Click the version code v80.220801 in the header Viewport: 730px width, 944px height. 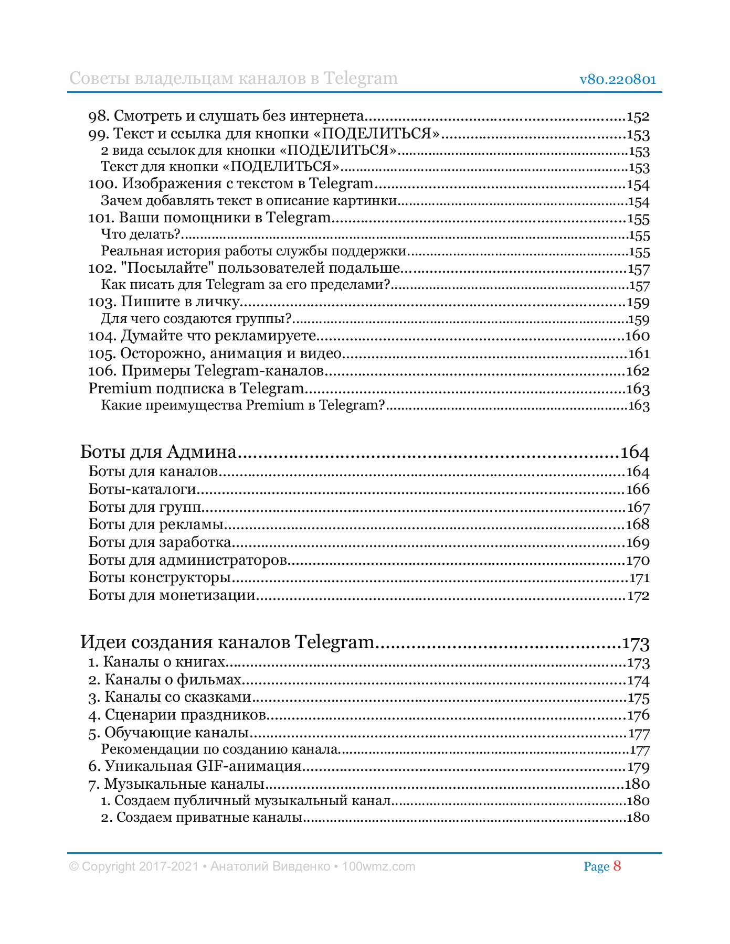coord(618,80)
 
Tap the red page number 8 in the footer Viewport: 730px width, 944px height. coord(617,866)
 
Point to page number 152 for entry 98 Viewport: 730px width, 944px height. coord(638,116)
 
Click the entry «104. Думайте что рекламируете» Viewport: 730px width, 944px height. coord(202,336)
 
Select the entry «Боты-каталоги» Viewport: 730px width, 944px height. coord(142,489)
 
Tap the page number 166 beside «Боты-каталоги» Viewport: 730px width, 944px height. coord(638,489)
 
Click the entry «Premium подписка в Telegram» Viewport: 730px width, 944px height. coord(196,389)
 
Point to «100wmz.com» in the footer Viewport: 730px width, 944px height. coord(378,866)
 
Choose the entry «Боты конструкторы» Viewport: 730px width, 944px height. coord(160,578)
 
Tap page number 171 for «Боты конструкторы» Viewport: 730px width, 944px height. coord(639,578)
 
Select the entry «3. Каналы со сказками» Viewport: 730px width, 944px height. coord(170,698)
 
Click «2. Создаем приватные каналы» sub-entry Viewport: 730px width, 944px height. coord(202,818)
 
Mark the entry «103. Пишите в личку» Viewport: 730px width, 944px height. coord(164,302)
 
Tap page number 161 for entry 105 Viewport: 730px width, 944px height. coord(639,354)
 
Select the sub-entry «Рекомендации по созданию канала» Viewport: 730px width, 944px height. coord(219,749)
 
